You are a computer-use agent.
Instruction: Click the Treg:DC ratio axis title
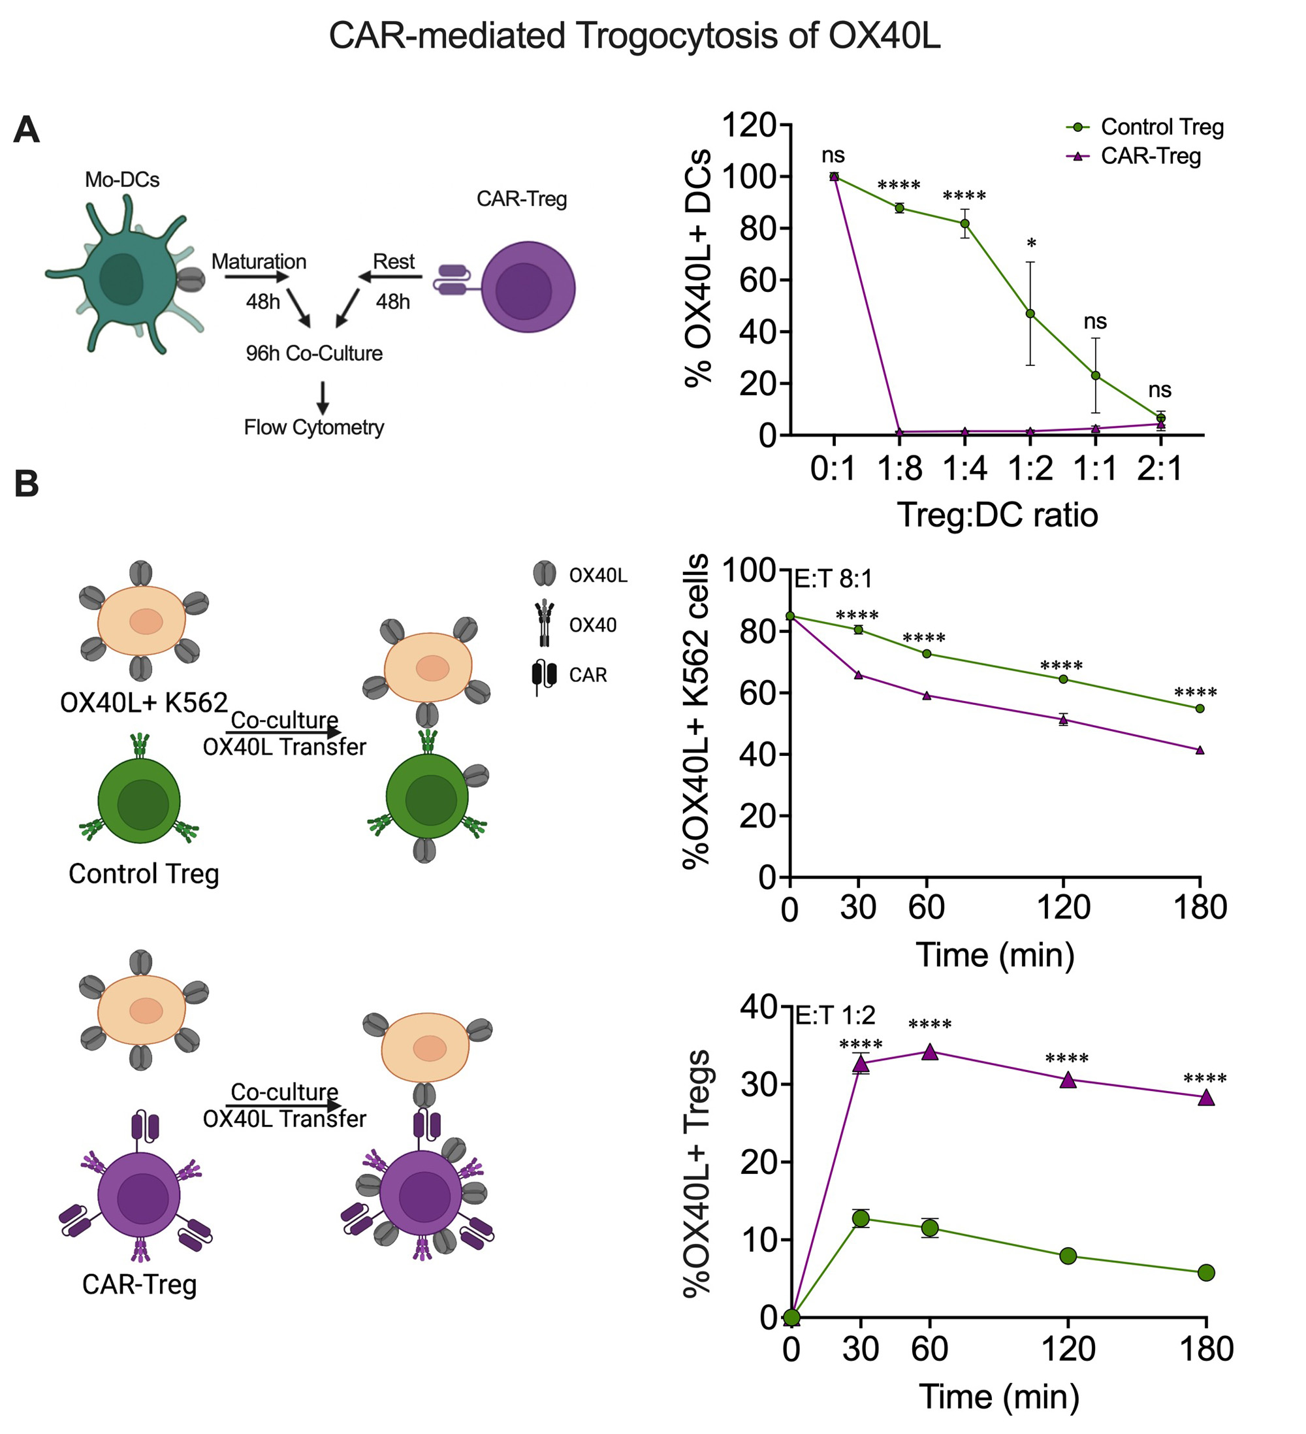[996, 515]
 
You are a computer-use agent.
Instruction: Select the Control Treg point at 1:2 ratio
[1030, 314]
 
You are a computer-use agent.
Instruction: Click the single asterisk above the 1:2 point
[1032, 244]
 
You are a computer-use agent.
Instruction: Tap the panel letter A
[26, 130]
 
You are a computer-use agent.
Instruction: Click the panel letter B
[26, 483]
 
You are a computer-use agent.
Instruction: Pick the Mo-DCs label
[121, 180]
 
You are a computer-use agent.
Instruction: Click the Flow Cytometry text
[313, 427]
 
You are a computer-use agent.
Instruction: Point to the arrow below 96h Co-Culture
[323, 398]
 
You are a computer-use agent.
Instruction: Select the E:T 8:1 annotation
[833, 579]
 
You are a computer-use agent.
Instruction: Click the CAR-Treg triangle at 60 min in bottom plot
[930, 1052]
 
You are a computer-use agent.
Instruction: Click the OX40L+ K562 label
[144, 703]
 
